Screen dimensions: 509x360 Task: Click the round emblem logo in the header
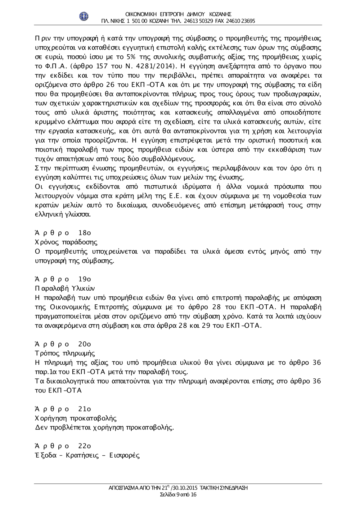(x=84, y=16)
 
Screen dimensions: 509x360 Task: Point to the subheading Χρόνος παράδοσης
(x=66, y=242)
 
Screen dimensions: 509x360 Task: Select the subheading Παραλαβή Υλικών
(x=65, y=288)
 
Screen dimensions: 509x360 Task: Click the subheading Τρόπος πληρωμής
(x=65, y=354)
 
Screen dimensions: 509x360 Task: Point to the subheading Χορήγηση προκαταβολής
(x=76, y=419)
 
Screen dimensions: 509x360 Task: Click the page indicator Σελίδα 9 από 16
(x=178, y=495)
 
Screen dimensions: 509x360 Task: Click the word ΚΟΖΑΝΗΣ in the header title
(x=220, y=14)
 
